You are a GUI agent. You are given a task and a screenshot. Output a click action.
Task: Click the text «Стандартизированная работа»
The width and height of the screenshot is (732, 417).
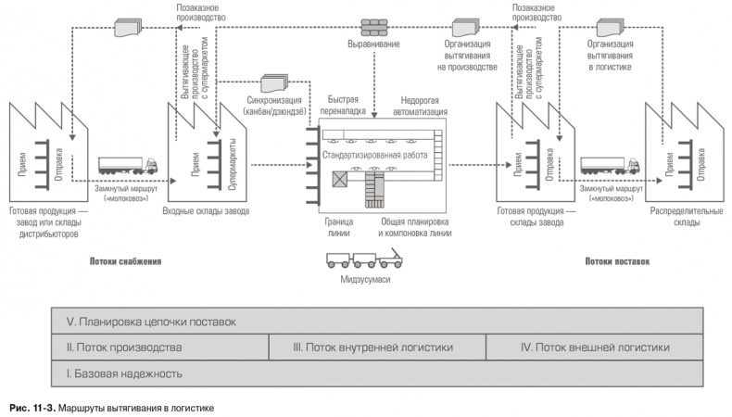(x=375, y=155)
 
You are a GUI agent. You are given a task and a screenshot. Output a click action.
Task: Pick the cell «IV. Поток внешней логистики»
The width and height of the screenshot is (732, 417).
(x=593, y=347)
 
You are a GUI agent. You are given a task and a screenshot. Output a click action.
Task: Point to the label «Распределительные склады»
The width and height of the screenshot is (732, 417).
(x=683, y=216)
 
